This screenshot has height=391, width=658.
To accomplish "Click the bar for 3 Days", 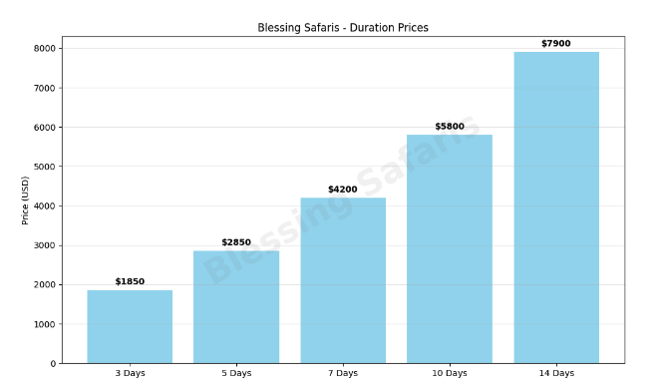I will tap(130, 326).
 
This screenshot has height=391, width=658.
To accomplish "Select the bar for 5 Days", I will tap(236, 306).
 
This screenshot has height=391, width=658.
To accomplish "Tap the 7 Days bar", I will tap(343, 280).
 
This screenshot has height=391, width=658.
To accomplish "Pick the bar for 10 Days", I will tap(450, 248).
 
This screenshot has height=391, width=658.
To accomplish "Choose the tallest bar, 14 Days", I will tap(556, 207).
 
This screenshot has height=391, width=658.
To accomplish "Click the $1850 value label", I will tap(130, 282).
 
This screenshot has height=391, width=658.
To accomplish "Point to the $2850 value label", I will tap(236, 242).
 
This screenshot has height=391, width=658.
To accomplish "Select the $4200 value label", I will tap(343, 190).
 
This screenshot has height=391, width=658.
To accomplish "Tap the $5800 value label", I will tap(450, 127).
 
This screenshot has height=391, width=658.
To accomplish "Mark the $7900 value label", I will tap(556, 44).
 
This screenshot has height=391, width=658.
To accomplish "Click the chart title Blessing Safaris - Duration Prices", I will tap(343, 28).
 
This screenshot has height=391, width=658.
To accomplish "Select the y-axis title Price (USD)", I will tap(26, 200).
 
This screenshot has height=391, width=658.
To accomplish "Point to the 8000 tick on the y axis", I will tap(46, 49).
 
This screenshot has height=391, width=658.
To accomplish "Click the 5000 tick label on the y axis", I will tap(46, 167).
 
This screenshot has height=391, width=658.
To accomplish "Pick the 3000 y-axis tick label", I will tap(46, 245).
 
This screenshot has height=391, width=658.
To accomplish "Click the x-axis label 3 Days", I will tap(130, 374).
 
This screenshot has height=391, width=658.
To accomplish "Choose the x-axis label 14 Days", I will tap(556, 374).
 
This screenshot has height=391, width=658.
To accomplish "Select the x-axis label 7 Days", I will tap(343, 374).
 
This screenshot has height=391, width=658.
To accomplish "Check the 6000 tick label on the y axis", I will tap(46, 128).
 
